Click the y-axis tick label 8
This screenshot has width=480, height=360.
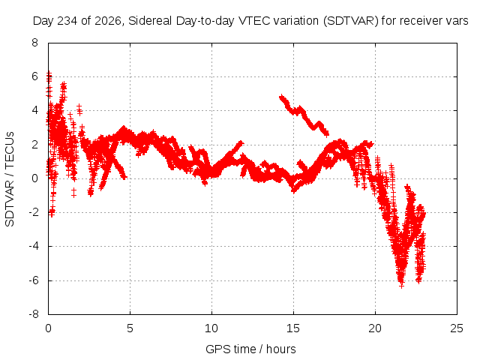click(x=34, y=43)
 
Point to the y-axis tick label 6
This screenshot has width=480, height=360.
click(x=34, y=76)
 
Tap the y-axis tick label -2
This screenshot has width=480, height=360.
click(x=33, y=212)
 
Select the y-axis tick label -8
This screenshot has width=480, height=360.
click(x=33, y=314)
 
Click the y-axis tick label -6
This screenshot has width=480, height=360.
click(x=33, y=280)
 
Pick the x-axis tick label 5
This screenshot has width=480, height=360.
click(x=130, y=328)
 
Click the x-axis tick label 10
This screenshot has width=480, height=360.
click(x=211, y=328)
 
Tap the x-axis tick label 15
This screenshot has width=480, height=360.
click(x=293, y=328)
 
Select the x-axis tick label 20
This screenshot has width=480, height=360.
click(x=375, y=328)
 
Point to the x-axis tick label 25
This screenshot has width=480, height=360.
click(x=457, y=328)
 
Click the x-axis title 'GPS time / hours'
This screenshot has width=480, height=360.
click(x=250, y=349)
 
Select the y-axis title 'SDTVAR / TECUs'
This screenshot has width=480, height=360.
click(x=10, y=179)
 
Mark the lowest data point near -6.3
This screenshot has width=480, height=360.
click(x=402, y=285)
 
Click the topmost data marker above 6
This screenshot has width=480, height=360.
click(x=49, y=73)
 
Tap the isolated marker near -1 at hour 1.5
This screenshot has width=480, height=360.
click(x=73, y=193)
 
